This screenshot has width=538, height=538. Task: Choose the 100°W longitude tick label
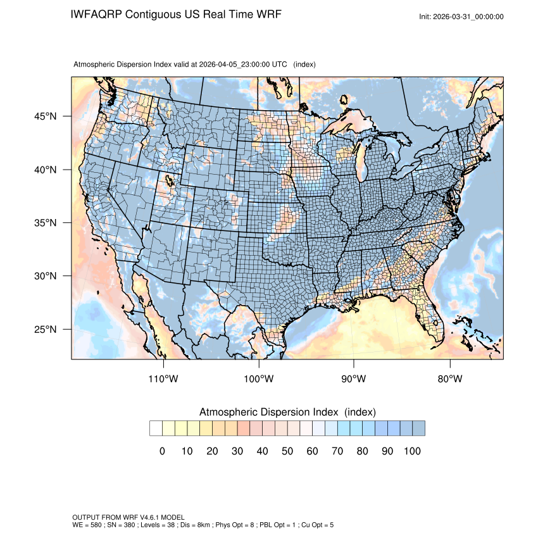[259, 379]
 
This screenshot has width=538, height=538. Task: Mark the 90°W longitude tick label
[354, 379]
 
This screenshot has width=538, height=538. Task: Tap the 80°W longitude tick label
[449, 379]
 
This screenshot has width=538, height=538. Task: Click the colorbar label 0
[162, 451]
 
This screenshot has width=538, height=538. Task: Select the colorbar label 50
[287, 451]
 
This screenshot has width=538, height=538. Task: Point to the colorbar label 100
[411, 451]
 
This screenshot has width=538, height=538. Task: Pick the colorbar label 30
[237, 451]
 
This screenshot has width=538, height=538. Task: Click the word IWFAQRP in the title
[97, 15]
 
